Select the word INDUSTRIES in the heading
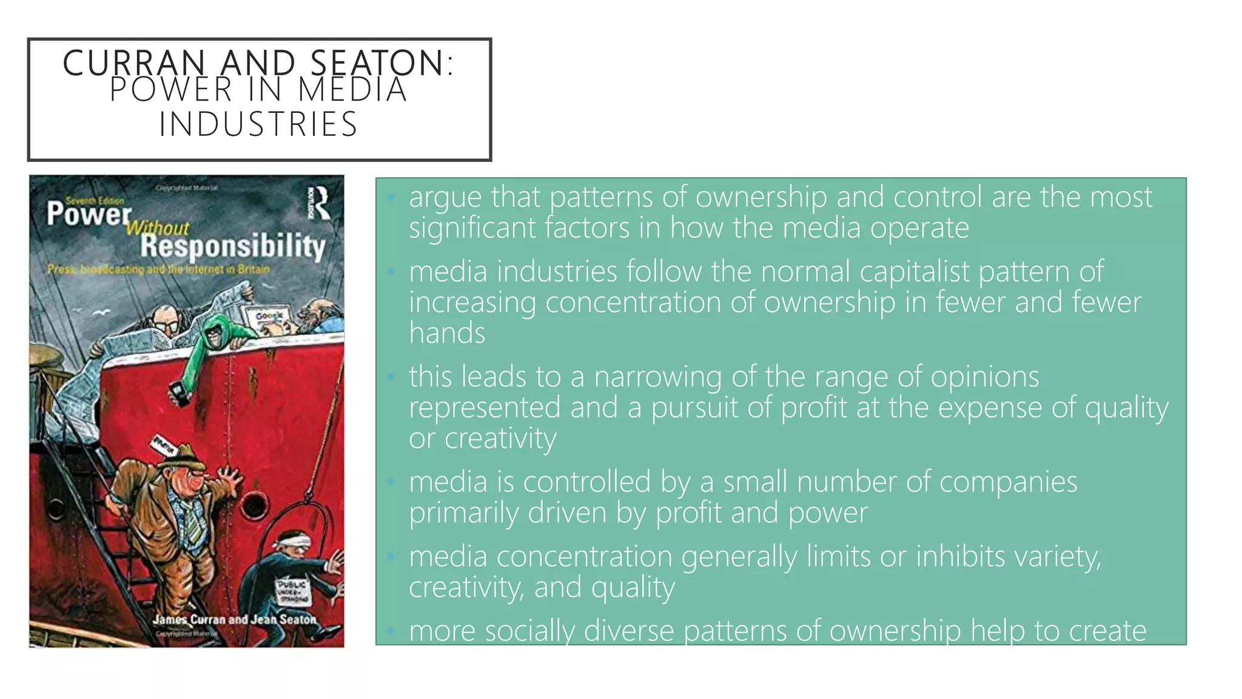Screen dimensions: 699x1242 click(x=259, y=124)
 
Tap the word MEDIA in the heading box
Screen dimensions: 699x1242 click(x=352, y=90)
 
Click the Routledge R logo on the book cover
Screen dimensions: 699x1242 click(x=319, y=203)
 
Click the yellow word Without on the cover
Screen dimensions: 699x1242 click(x=158, y=228)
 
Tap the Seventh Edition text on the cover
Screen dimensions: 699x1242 click(x=95, y=200)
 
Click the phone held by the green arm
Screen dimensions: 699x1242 click(x=178, y=394)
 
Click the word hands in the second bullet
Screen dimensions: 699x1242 click(x=447, y=333)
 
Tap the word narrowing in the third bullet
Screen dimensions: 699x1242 click(x=658, y=377)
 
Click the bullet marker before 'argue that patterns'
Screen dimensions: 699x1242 click(x=391, y=197)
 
